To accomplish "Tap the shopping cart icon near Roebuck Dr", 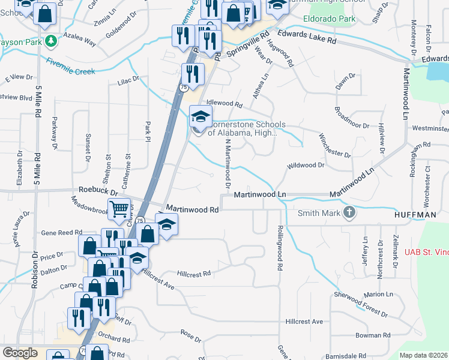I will coord(120,209).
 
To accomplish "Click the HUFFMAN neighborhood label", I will coord(414,214).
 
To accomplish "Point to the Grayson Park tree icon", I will coord(52,41).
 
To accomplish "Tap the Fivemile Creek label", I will coord(70,66).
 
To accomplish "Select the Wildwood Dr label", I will coord(306,164).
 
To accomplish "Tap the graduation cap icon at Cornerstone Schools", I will coord(200,116).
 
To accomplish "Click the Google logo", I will coord(20,352).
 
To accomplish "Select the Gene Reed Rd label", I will coord(62,232).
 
